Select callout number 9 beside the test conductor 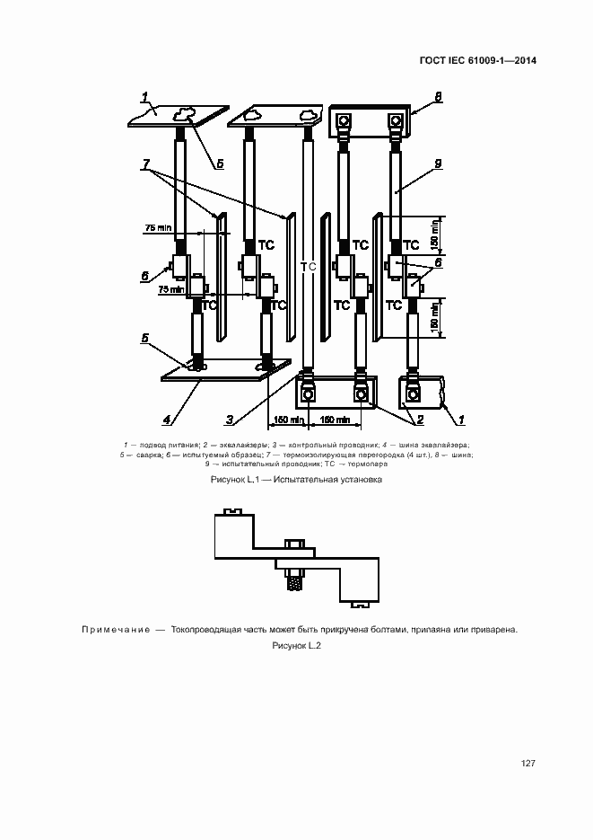pyautogui.click(x=438, y=164)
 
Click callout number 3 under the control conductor pyautogui.click(x=230, y=419)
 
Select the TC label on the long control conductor pyautogui.click(x=309, y=267)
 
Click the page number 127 pyautogui.click(x=528, y=763)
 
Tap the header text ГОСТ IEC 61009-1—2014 pyautogui.click(x=477, y=61)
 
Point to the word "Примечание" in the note pyautogui.click(x=115, y=630)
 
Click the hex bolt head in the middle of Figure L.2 pyautogui.click(x=292, y=544)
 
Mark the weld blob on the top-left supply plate pyautogui.click(x=187, y=112)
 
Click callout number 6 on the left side pyautogui.click(x=144, y=277)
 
